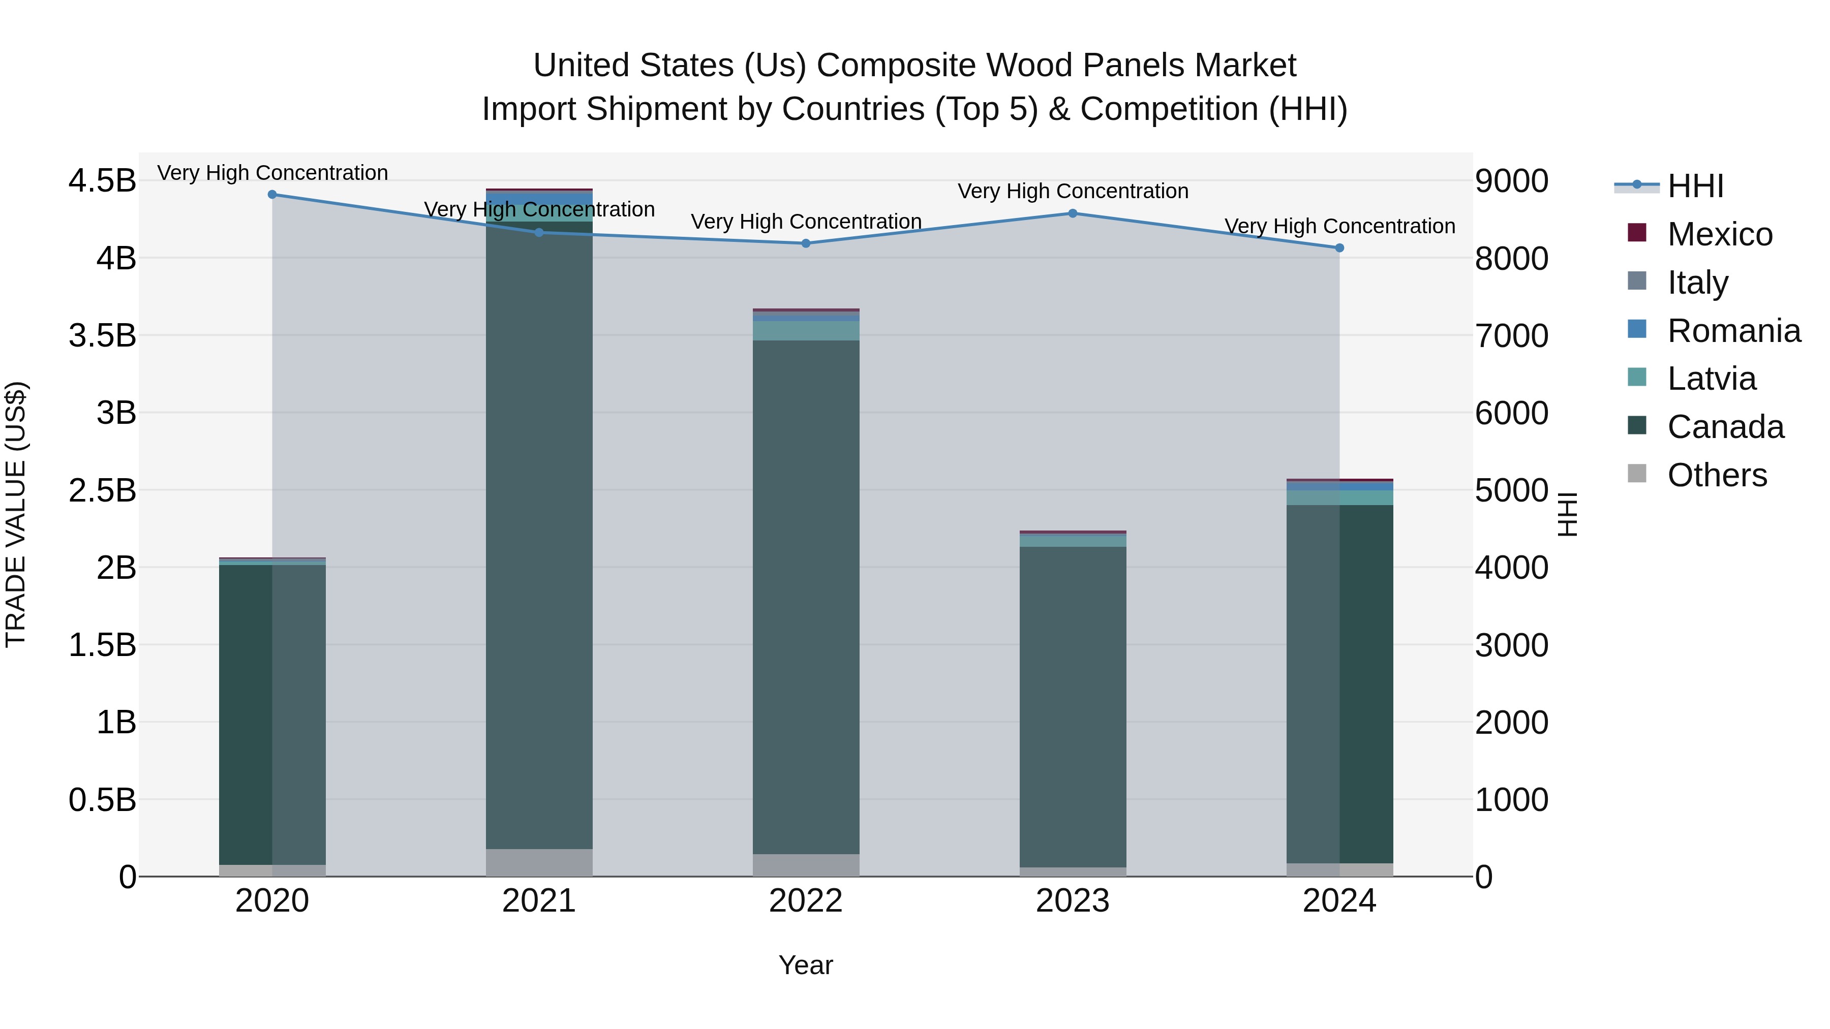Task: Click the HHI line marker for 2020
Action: tap(272, 194)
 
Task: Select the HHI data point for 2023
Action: tap(1073, 213)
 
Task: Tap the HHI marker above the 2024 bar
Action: tap(1339, 248)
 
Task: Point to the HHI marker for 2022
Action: tap(806, 243)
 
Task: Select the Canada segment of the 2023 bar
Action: tap(1073, 707)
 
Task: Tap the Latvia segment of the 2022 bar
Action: tap(806, 331)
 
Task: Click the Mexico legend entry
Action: tap(1719, 234)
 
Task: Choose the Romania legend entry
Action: tap(1733, 331)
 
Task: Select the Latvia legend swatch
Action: tap(1637, 377)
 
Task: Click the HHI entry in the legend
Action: tap(1695, 186)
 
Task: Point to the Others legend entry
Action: tap(1716, 475)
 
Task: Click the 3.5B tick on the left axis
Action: tap(102, 335)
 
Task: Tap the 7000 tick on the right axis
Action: tap(1512, 335)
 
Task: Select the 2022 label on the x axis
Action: tap(806, 901)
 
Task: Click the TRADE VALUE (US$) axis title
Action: tap(16, 514)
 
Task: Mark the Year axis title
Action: tap(806, 965)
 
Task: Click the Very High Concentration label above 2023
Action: tap(1073, 191)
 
